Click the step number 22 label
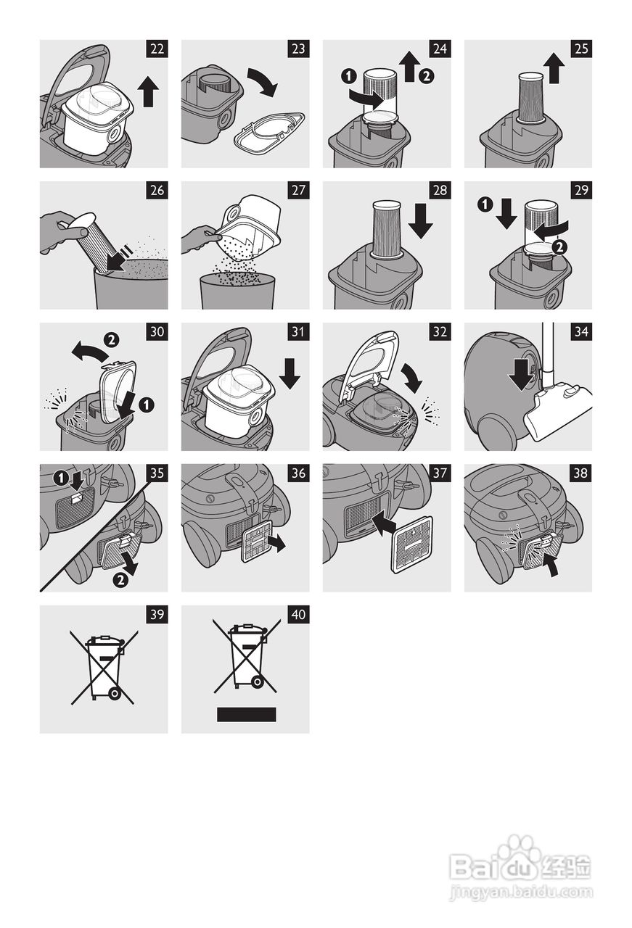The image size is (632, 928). click(x=157, y=49)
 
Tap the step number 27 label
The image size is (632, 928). click(x=298, y=191)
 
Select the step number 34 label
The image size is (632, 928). click(x=581, y=332)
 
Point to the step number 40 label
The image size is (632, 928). click(x=298, y=614)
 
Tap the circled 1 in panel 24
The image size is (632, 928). click(x=349, y=76)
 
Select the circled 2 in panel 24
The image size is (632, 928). click(x=426, y=76)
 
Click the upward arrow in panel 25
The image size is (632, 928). click(x=554, y=67)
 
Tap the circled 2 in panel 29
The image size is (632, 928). click(x=559, y=247)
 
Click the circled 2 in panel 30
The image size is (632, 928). click(x=112, y=340)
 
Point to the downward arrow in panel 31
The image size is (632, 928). click(x=290, y=373)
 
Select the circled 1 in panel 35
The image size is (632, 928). click(x=61, y=478)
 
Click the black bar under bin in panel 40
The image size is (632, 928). click(x=246, y=715)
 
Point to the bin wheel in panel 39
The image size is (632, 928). click(x=114, y=692)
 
